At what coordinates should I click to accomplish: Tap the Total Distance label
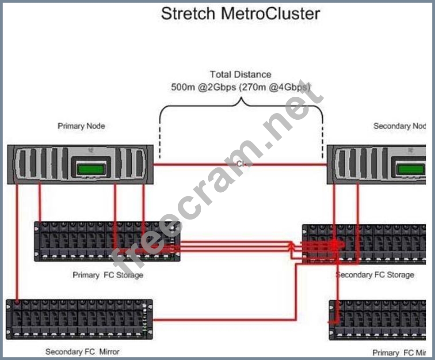point(240,75)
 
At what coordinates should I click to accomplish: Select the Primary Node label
point(81,126)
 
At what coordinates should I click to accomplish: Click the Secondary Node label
point(399,126)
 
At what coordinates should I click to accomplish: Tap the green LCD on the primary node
point(91,168)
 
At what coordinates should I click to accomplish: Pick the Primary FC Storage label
point(108,275)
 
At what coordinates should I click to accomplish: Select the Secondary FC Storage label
point(375,275)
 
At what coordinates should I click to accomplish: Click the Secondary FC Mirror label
point(82,352)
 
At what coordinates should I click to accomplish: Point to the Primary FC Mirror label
point(399,353)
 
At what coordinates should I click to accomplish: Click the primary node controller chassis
point(44,164)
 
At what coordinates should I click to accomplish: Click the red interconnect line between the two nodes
point(199,165)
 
